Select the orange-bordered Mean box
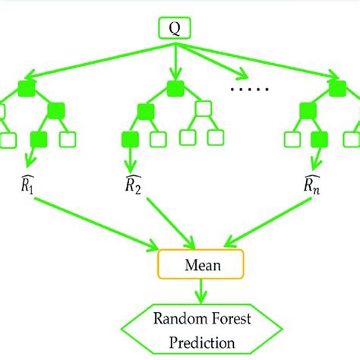(x=200, y=265)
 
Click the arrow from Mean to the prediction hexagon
(x=200, y=292)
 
